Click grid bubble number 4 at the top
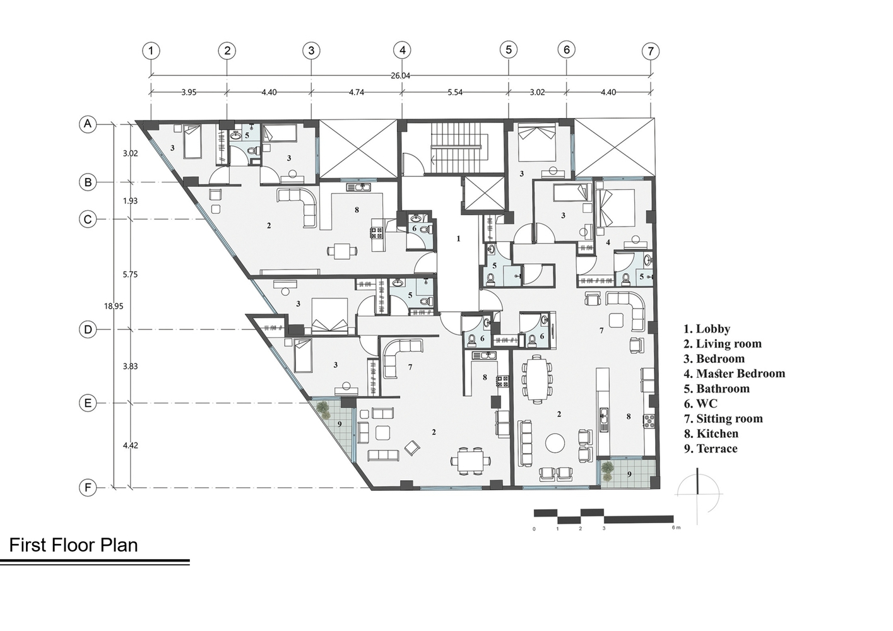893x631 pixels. click(x=402, y=50)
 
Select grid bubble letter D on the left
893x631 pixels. click(x=88, y=329)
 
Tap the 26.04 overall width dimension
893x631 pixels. click(x=400, y=76)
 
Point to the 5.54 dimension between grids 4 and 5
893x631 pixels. click(x=455, y=93)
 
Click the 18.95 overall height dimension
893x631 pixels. click(x=114, y=306)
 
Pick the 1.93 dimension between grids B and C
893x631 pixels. click(x=131, y=201)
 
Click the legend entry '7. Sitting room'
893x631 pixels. click(x=723, y=418)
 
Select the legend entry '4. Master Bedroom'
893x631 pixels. click(x=735, y=374)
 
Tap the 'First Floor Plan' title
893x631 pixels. click(x=73, y=545)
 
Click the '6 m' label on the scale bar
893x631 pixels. click(x=676, y=528)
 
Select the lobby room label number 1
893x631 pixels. click(x=458, y=239)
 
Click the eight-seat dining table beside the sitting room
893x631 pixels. click(x=537, y=377)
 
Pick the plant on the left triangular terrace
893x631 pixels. click(x=323, y=410)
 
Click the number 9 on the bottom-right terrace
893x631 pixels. click(x=629, y=474)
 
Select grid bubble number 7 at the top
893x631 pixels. click(x=651, y=51)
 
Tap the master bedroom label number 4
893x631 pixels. click(x=608, y=242)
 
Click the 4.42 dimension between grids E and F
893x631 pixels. click(x=131, y=445)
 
